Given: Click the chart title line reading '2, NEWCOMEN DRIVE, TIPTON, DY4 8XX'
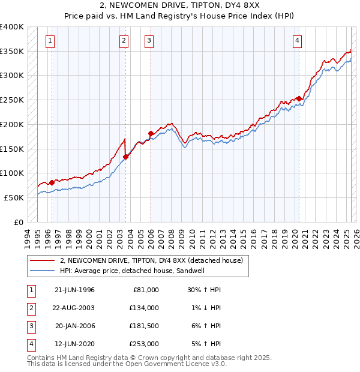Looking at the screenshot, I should pyautogui.click(x=180, y=7).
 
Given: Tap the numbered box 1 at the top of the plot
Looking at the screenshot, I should pyautogui.click(x=49, y=41).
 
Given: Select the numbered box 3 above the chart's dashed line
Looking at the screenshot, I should pyautogui.click(x=148, y=41).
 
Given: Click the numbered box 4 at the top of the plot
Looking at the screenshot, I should pyautogui.click(x=297, y=41).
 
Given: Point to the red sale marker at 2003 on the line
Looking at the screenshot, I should pyautogui.click(x=126, y=157).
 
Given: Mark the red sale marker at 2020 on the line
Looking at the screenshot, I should pyautogui.click(x=299, y=99).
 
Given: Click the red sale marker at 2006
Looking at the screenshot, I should pyautogui.click(x=151, y=133).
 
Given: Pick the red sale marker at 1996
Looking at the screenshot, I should pyautogui.click(x=52, y=182).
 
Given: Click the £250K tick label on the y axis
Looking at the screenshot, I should pyautogui.click(x=12, y=100).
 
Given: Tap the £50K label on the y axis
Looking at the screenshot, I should pyautogui.click(x=14, y=197).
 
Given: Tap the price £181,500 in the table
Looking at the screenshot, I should pyautogui.click(x=144, y=325).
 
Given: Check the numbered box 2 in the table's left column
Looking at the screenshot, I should pyautogui.click(x=31, y=307).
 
